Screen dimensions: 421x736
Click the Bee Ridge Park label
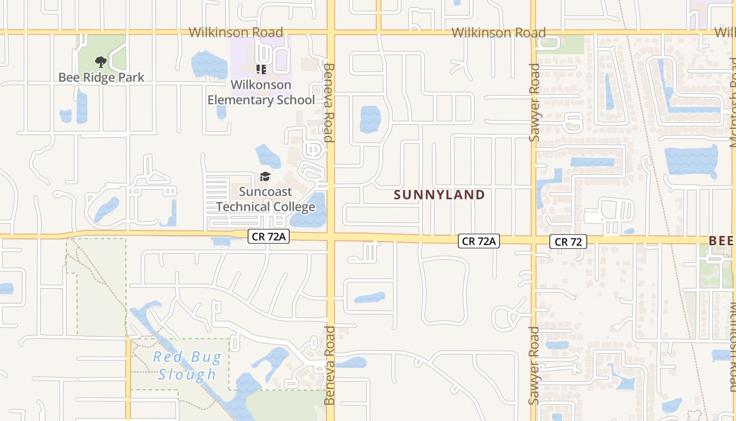point(101,77)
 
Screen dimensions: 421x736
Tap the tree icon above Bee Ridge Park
point(101,63)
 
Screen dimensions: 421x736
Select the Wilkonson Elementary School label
point(261,92)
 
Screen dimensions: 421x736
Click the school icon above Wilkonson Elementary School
point(261,69)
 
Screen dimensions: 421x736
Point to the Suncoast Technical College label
point(265,199)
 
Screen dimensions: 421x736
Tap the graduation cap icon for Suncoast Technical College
point(265,177)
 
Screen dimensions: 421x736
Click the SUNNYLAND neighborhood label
point(439,195)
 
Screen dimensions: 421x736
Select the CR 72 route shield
point(568,242)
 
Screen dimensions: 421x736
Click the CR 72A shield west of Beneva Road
point(269,236)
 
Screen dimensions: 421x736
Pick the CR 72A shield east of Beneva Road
point(478,241)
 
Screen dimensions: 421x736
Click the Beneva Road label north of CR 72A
point(330,103)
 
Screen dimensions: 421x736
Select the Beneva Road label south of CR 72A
point(330,365)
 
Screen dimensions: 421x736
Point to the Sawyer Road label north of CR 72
point(534,103)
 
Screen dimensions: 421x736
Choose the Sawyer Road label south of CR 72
point(534,365)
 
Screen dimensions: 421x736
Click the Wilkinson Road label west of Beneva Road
point(236,33)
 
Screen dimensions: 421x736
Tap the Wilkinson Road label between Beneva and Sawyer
point(498,33)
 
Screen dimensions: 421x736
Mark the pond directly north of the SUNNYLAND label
point(370,119)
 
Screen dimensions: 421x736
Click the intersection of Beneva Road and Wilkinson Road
point(331,32)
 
